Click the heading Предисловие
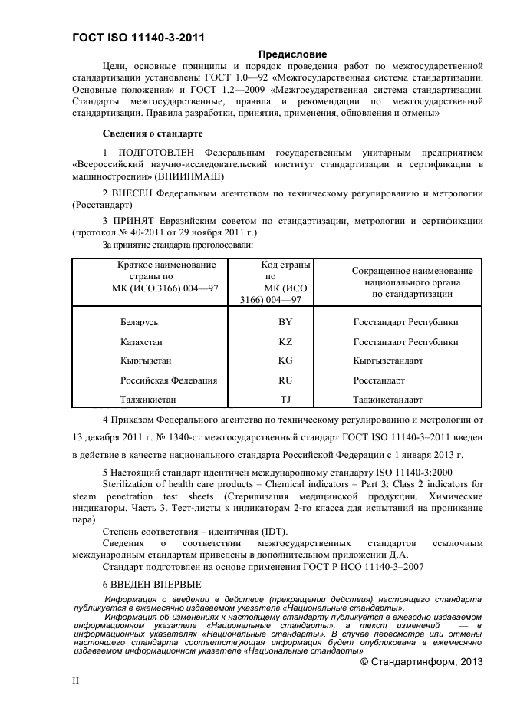292,54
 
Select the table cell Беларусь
140,323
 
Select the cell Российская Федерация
169,380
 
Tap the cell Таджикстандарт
387,399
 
